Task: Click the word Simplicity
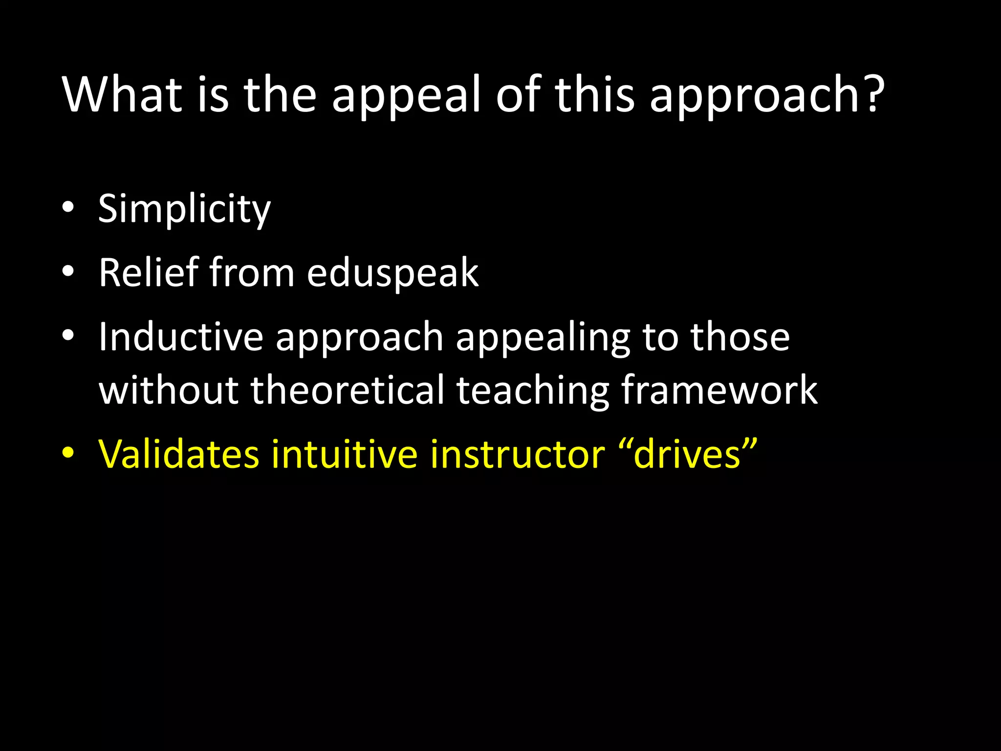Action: point(184,209)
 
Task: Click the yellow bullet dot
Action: point(68,452)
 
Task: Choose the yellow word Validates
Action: point(178,454)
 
